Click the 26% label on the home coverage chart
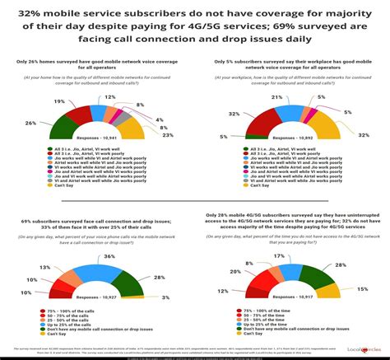pyautogui.click(x=30, y=123)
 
